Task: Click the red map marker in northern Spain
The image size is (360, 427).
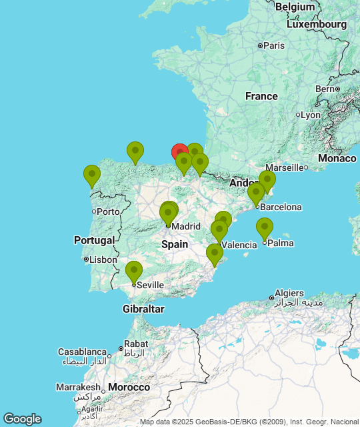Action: [x=179, y=152]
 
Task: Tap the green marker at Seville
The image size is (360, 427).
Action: [x=134, y=271]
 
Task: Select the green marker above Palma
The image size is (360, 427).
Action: [x=265, y=228]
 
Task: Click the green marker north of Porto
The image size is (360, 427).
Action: [x=92, y=175]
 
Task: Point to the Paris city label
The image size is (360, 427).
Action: [x=273, y=45]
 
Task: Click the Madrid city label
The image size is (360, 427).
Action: [x=186, y=226]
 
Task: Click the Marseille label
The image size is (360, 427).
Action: [x=285, y=167]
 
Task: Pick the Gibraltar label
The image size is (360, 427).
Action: [x=143, y=309]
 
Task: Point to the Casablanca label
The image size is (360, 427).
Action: [x=82, y=352]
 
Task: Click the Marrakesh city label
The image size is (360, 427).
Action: [x=77, y=387]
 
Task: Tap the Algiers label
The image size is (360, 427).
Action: [x=290, y=293]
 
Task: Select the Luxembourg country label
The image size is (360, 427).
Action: [x=317, y=24]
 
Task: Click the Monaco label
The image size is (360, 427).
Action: [x=337, y=158]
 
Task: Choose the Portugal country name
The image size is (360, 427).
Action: [x=94, y=240]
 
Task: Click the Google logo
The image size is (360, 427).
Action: [x=22, y=419]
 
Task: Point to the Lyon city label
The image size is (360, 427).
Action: [x=310, y=115]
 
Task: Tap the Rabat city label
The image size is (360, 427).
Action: [x=136, y=344]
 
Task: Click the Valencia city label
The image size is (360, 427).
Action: [x=239, y=245]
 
